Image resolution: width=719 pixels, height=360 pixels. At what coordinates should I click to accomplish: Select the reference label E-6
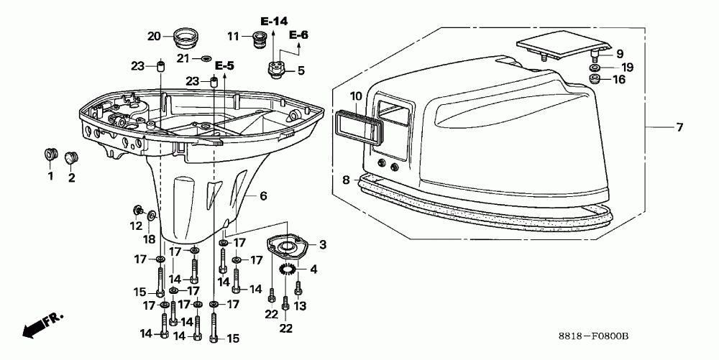[298, 34]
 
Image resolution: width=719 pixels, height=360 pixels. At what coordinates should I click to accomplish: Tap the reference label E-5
[224, 66]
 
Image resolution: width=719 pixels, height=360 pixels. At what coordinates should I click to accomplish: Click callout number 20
[155, 36]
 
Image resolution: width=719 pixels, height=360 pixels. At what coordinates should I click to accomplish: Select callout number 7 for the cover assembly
[679, 128]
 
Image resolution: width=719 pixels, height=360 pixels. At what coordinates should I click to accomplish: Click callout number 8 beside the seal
[346, 180]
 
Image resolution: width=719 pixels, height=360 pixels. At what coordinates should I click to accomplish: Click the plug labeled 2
[70, 157]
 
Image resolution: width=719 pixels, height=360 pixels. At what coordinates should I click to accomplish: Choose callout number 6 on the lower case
[262, 195]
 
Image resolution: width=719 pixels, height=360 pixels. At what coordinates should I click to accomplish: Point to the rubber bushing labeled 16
[595, 79]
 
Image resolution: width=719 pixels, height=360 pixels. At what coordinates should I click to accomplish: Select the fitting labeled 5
[275, 68]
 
